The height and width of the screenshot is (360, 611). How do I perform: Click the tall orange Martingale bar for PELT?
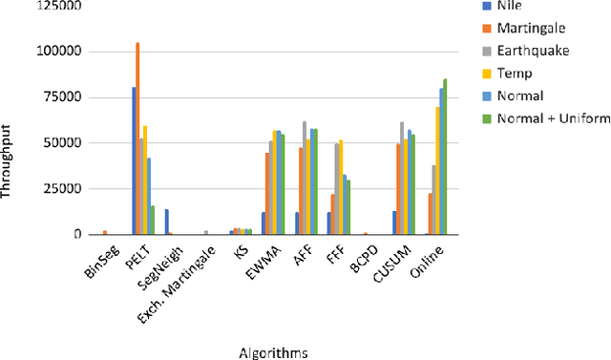point(137,138)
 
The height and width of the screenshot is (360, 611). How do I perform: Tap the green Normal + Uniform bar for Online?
point(445,157)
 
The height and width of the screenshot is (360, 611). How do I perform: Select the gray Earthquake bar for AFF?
point(305,178)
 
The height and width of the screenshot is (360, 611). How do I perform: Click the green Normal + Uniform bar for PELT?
point(152,220)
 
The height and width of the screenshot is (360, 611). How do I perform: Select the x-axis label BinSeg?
point(97,261)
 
